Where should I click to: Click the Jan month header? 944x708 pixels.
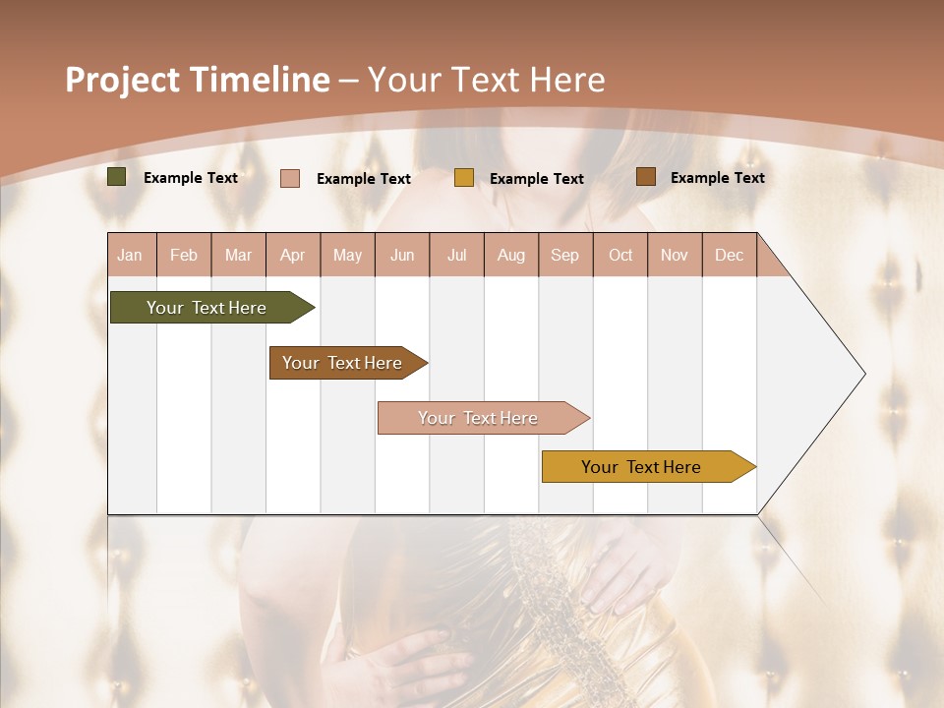[131, 255]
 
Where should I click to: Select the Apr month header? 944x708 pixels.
[293, 255]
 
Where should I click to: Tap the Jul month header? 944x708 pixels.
[457, 255]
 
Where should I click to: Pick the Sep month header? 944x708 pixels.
[565, 255]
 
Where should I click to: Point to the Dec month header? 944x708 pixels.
[729, 255]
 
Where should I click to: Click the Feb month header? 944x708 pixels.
[184, 255]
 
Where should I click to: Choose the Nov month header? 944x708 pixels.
[675, 255]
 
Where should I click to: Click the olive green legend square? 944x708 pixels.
[117, 177]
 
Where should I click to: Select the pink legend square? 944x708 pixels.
[290, 178]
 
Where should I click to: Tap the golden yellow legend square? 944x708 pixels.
[464, 178]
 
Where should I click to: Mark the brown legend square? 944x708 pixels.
[645, 177]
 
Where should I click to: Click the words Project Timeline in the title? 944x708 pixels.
[198, 80]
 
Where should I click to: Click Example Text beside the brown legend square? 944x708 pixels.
[717, 178]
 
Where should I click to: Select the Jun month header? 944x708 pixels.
[402, 255]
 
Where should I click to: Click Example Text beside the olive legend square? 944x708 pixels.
[191, 178]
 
